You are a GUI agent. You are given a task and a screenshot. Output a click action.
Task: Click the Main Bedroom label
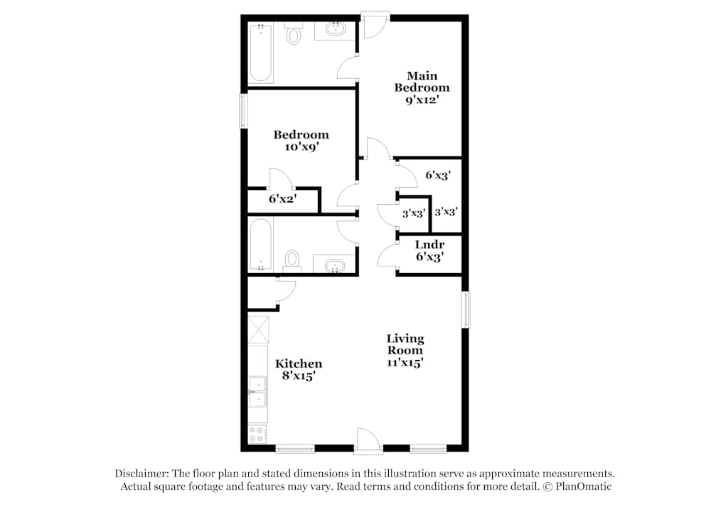tap(422, 82)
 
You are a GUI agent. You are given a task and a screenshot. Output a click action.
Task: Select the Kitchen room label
tap(299, 363)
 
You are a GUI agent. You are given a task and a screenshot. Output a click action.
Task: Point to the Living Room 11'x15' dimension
tap(405, 362)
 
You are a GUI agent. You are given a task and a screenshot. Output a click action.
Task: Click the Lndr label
tap(429, 245)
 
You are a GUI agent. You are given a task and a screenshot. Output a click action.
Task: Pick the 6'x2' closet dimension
tap(282, 200)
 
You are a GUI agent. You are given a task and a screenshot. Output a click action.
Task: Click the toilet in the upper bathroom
tap(294, 33)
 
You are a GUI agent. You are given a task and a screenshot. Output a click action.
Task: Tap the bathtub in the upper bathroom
tap(260, 53)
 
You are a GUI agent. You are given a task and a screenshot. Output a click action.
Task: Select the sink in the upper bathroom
tap(335, 31)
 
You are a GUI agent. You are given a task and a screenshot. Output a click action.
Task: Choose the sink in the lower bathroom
tap(333, 266)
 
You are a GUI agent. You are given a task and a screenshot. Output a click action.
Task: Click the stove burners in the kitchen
tap(257, 434)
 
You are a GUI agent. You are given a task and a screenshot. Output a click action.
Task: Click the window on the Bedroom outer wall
tap(243, 111)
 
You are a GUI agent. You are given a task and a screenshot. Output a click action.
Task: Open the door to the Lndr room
tap(387, 255)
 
